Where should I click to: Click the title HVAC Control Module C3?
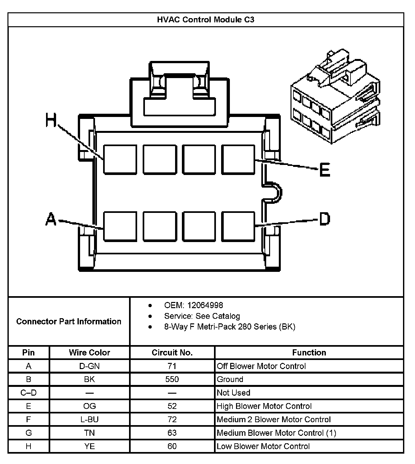(x=206, y=20)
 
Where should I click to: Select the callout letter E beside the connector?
(x=325, y=170)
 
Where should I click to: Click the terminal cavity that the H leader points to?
(x=120, y=159)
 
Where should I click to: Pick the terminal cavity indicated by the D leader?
(x=238, y=226)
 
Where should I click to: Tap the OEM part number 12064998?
(x=205, y=305)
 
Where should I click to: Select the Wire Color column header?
(x=89, y=353)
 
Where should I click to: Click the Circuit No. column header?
(x=172, y=353)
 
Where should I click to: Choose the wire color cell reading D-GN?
(x=89, y=366)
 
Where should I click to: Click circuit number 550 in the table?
(x=172, y=379)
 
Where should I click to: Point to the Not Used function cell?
(x=233, y=393)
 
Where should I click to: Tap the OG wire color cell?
(x=89, y=406)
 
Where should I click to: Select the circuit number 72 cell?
(x=172, y=420)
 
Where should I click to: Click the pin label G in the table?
(x=29, y=433)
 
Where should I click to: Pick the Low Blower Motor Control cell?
(x=263, y=446)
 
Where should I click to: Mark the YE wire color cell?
(x=89, y=446)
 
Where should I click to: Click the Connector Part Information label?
(x=69, y=321)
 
